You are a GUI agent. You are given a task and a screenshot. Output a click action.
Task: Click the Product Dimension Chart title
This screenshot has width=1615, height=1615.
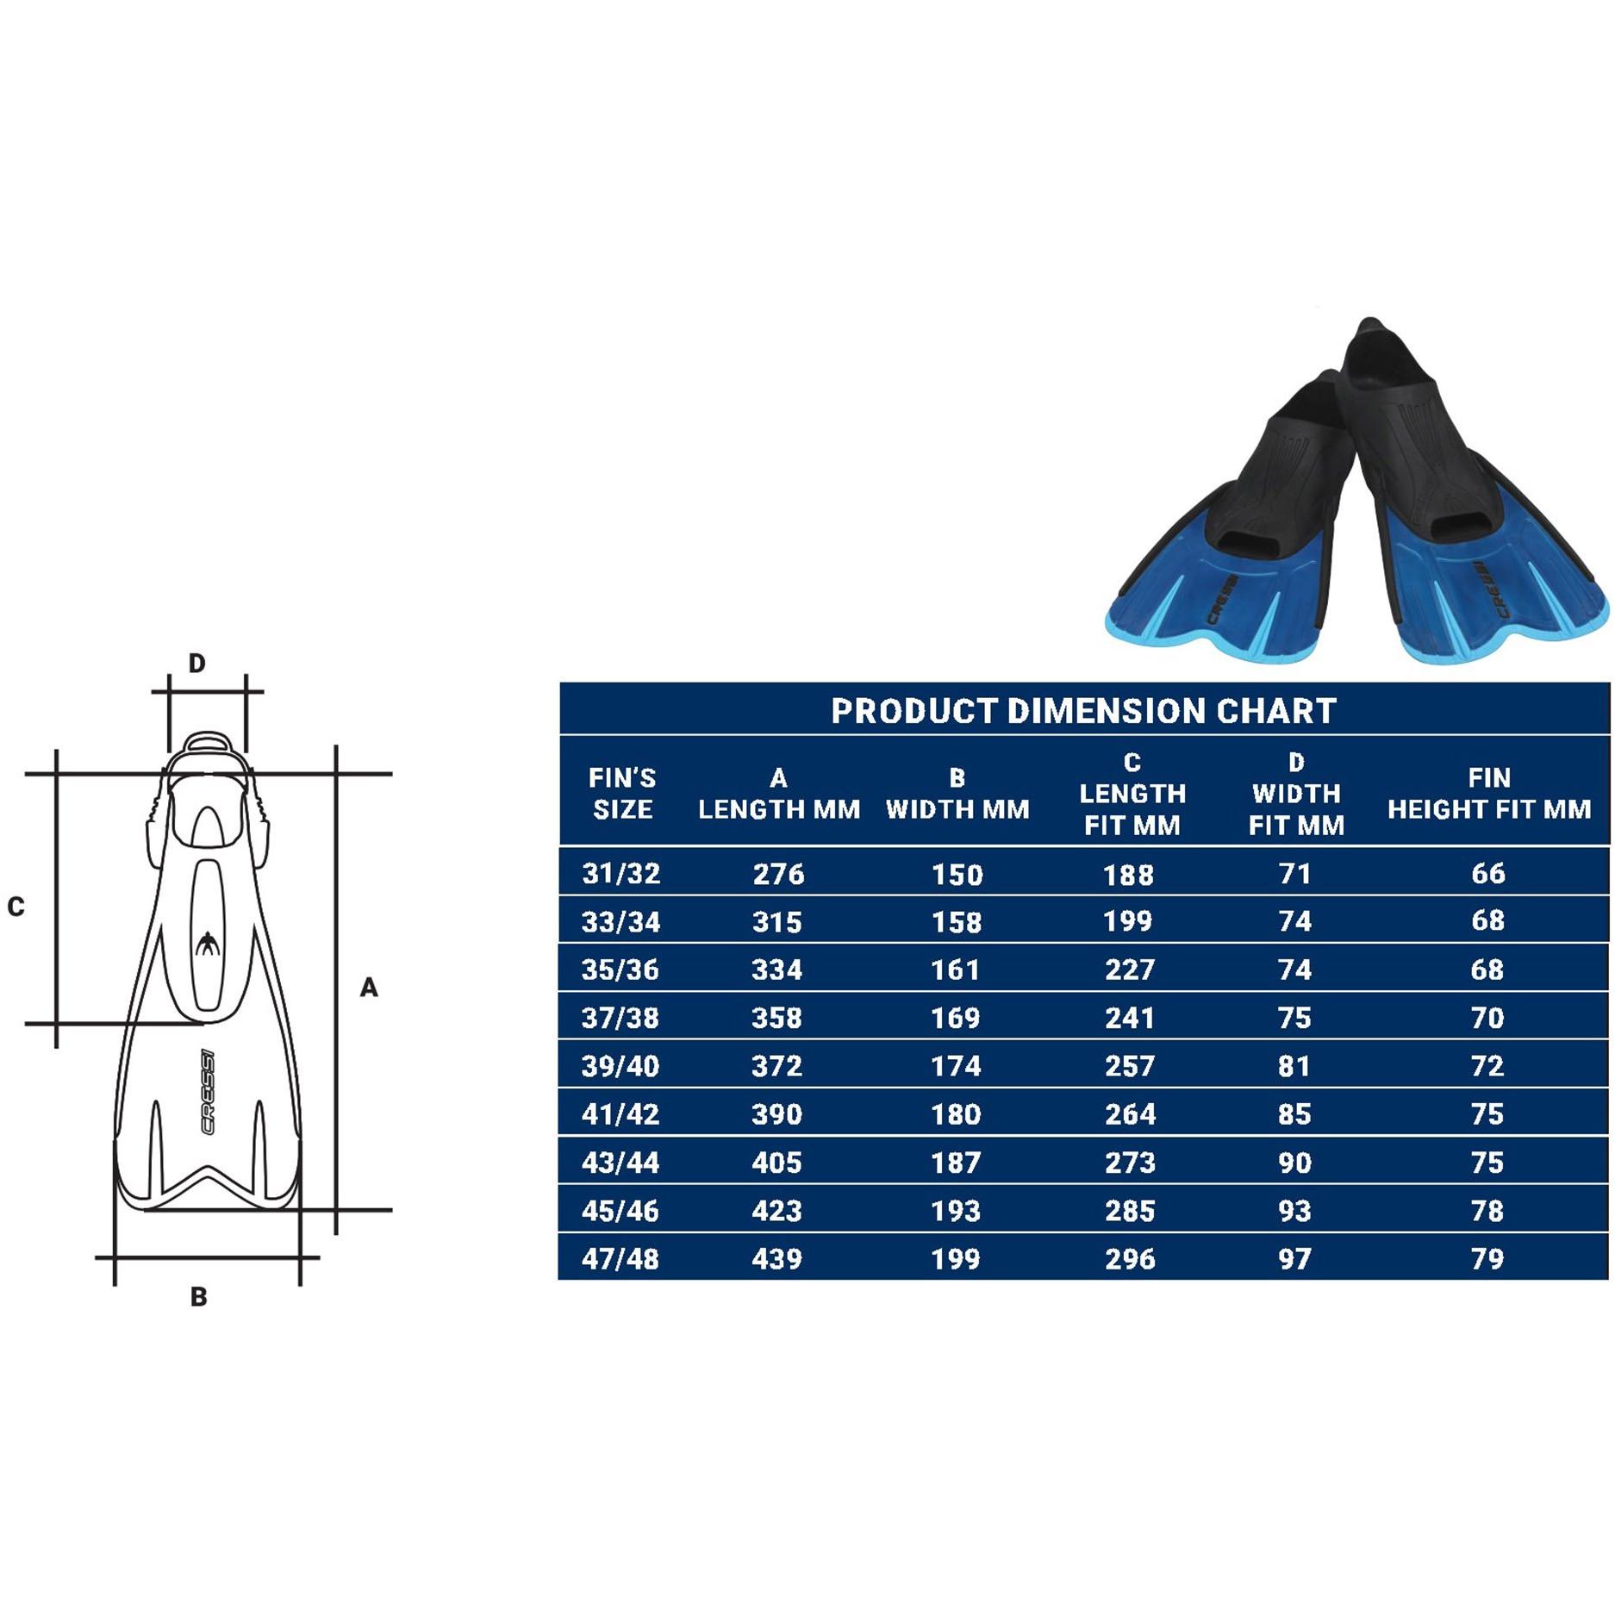[1083, 711]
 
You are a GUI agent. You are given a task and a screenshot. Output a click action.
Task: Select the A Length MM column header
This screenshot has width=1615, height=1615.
[779, 794]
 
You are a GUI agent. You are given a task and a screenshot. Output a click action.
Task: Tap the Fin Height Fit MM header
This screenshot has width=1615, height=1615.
[1488, 794]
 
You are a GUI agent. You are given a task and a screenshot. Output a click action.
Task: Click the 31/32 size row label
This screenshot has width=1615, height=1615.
[621, 874]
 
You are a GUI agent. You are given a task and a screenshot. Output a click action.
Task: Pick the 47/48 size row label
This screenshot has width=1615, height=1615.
[620, 1259]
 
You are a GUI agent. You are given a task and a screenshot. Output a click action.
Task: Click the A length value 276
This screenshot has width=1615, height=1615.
[778, 875]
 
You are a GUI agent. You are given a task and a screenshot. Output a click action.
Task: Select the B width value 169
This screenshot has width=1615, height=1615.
[957, 1018]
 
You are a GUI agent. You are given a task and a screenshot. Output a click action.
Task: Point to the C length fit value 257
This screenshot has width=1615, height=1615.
[1130, 1066]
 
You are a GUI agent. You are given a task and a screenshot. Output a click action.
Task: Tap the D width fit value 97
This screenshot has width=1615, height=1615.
[1294, 1259]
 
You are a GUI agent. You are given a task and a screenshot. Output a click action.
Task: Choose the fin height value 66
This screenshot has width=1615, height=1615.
[1488, 874]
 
